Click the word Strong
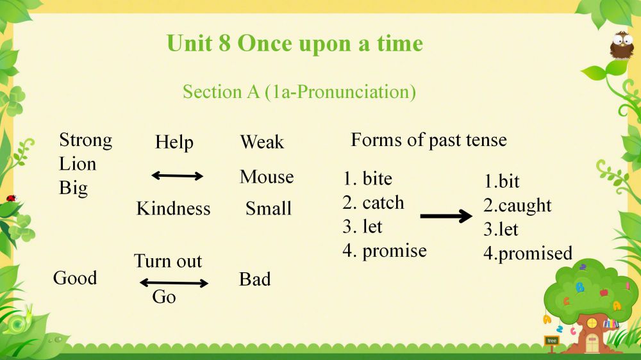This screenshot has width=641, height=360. coord(85,141)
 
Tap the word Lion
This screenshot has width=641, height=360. coord(78,164)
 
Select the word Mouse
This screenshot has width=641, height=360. coord(267,177)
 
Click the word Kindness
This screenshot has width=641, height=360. coord(173,208)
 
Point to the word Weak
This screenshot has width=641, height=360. coord(262,142)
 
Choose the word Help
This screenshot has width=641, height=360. coord(174,143)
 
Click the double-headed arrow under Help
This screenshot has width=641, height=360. coord(177,176)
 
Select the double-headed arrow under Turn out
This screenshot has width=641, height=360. coord(174,282)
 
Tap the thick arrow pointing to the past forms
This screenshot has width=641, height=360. coord(446,216)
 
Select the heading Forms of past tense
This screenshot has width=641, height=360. coord(429,140)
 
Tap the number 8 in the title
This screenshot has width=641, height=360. coord(224,44)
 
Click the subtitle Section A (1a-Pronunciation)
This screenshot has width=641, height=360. coord(299,92)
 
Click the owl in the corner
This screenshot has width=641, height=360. coord(622,45)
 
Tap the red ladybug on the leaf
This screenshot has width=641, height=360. coord(11,198)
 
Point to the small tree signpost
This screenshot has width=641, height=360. coord(552,343)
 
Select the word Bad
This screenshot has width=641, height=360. coord(254,279)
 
